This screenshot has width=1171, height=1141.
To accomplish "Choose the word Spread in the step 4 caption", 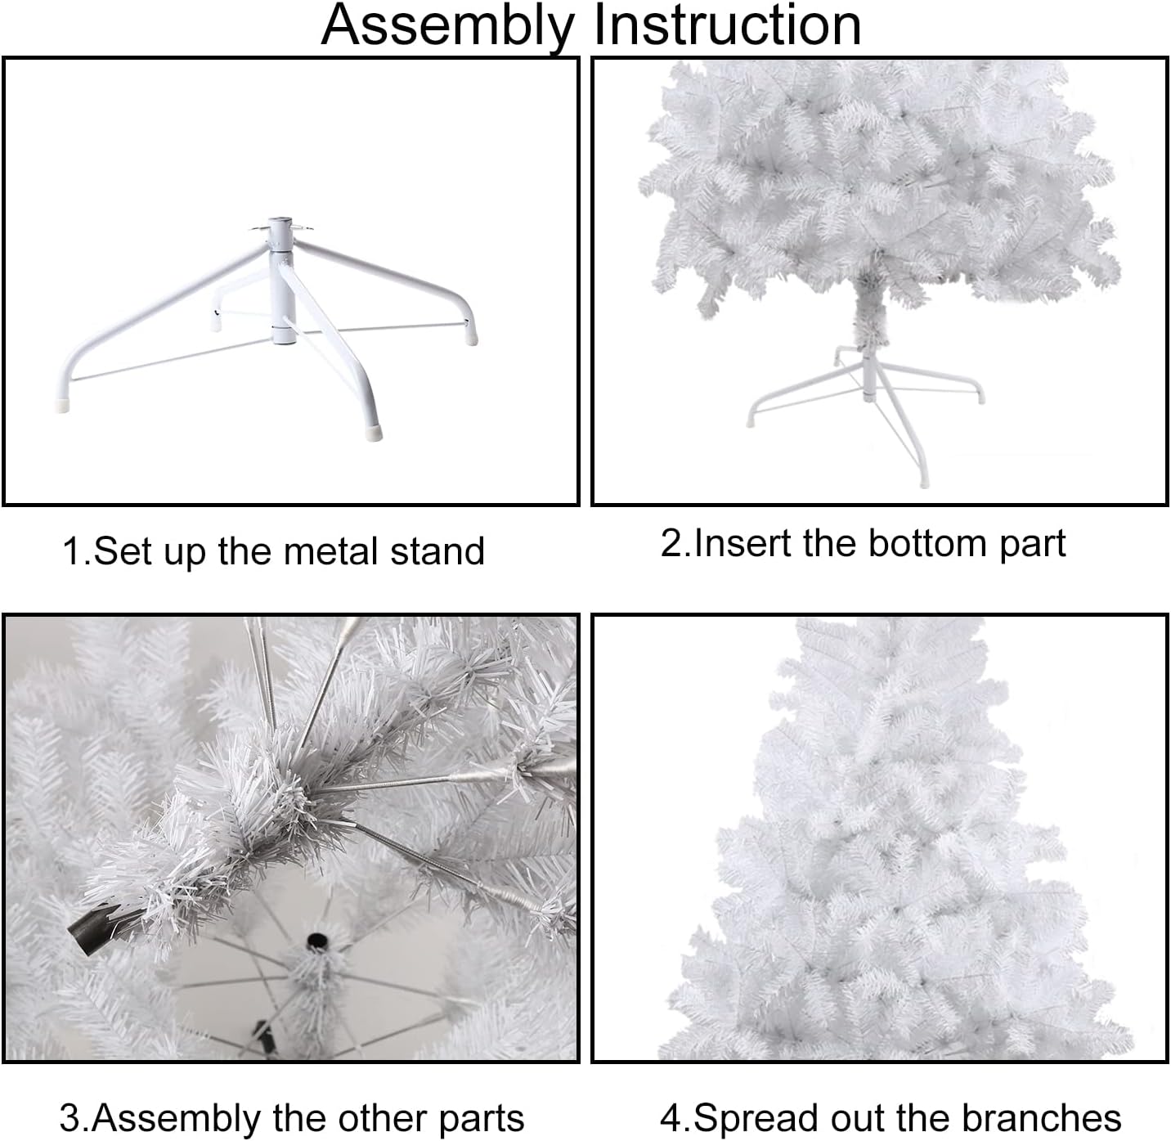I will tap(750, 1118).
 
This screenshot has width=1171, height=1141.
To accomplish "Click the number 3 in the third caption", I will tap(70, 1118).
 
